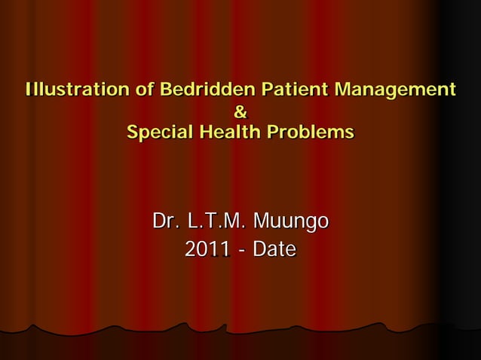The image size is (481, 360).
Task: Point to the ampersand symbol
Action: coord(240,114)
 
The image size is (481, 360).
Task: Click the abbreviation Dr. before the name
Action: coord(166,222)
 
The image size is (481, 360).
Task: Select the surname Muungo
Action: coord(291,222)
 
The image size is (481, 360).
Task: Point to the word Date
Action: coord(274,249)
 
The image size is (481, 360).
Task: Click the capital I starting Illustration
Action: coord(28,90)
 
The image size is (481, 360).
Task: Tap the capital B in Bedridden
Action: coord(166,90)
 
